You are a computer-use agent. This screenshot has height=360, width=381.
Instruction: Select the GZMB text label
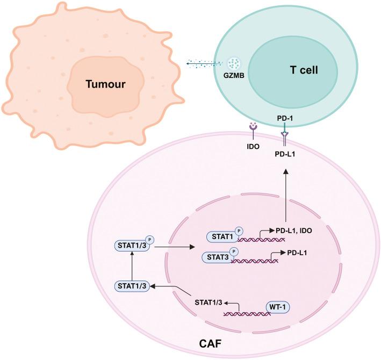pos(234,77)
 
